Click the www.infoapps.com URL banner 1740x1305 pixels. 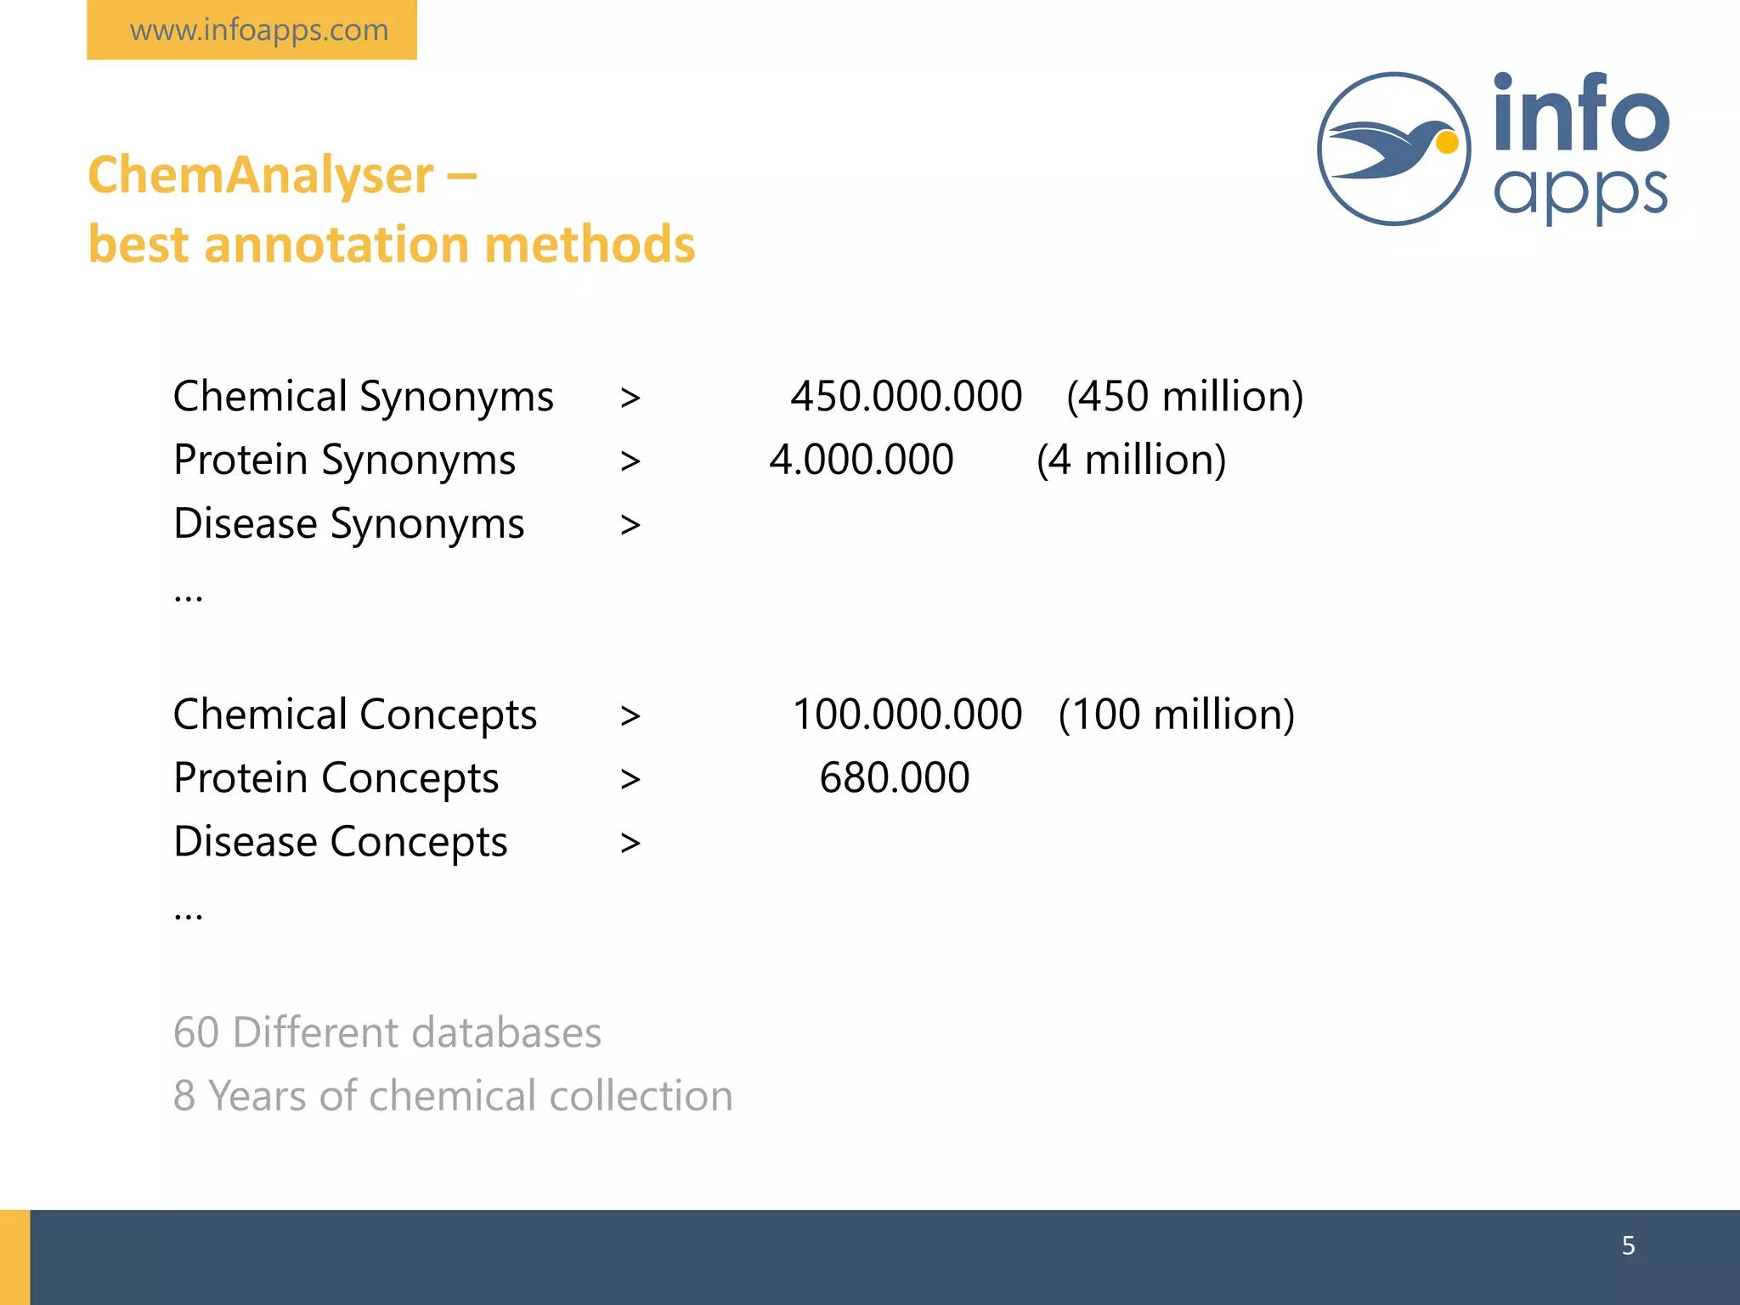(252, 31)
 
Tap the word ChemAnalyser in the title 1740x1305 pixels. (261, 175)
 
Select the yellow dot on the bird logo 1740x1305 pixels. (1447, 143)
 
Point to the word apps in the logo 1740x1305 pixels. (1580, 192)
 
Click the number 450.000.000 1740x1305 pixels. (906, 397)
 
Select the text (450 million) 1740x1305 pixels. (1184, 397)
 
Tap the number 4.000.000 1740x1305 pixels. (862, 460)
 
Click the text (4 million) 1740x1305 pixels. (1131, 460)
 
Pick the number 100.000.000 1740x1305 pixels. (907, 715)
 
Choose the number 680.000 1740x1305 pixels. (894, 777)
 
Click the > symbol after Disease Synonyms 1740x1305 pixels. (630, 525)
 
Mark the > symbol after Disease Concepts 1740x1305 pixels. (630, 843)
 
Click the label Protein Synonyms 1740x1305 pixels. (344, 460)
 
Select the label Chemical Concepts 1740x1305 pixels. (354, 715)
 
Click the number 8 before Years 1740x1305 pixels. (184, 1096)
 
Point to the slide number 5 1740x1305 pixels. (1628, 1246)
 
